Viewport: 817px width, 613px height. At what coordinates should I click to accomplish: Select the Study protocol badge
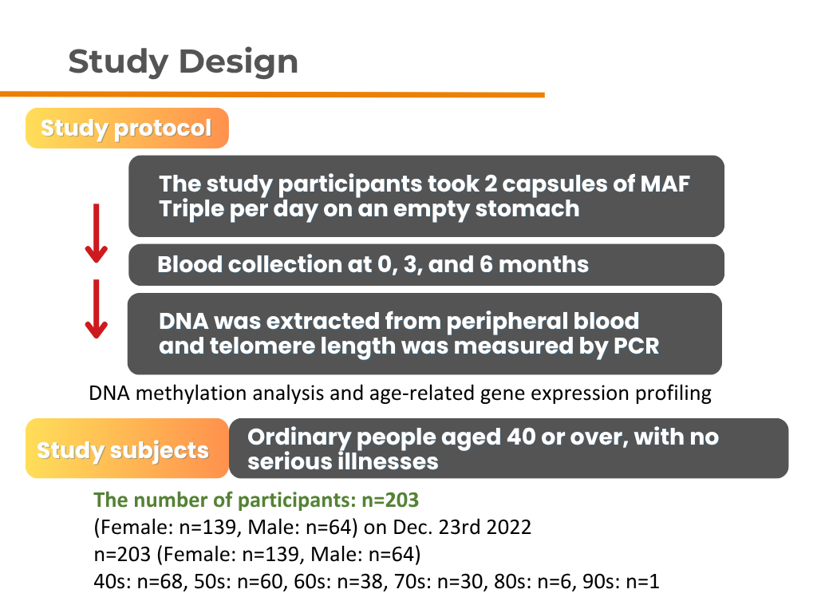pos(127,129)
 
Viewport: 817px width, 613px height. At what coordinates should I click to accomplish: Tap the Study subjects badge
pos(124,450)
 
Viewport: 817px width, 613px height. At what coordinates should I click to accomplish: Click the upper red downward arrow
pos(97,233)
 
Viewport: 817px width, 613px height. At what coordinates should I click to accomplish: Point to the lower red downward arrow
pos(97,309)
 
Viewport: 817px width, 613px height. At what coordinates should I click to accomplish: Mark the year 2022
pos(511,528)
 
